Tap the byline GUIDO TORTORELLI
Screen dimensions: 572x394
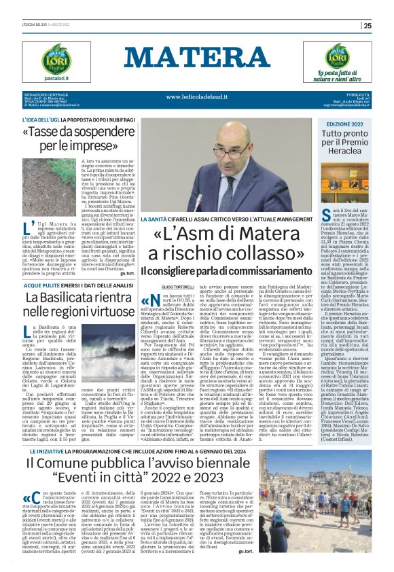(160, 288)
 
